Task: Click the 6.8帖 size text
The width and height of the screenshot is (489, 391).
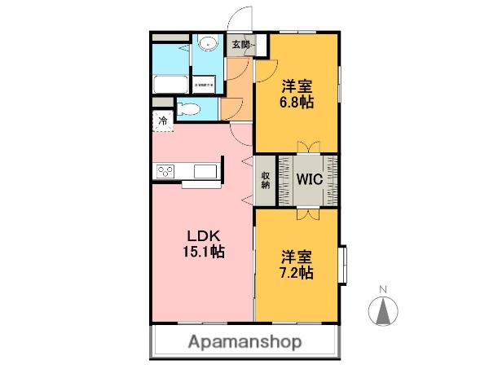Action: pos(297,103)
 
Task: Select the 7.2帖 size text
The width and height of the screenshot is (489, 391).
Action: pos(296,273)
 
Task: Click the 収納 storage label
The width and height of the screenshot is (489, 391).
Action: pos(266,180)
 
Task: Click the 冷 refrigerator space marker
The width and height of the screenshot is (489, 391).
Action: pos(163,121)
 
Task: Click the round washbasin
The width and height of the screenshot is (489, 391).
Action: pos(207,46)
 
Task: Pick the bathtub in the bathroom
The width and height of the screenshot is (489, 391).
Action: pos(170,82)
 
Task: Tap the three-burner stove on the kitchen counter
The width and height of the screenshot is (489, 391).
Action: pos(165,170)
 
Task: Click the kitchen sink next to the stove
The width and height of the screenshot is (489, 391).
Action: pos(205,170)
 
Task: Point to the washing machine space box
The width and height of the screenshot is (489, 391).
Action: pos(204,84)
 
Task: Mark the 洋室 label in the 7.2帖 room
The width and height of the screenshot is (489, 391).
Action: pos(296,256)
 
